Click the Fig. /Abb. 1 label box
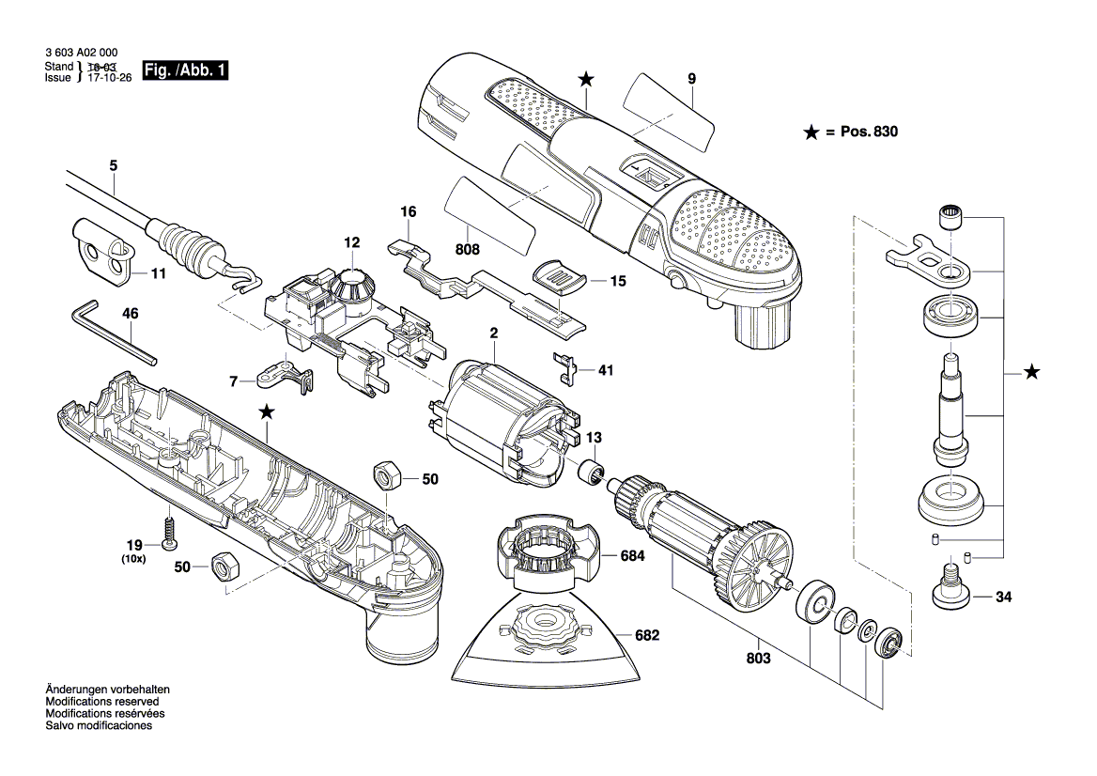[185, 70]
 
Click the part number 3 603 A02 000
[81, 55]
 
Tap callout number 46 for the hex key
[130, 314]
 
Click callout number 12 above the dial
[351, 242]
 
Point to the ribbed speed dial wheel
[352, 285]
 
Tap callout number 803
[758, 659]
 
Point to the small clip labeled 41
[564, 366]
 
